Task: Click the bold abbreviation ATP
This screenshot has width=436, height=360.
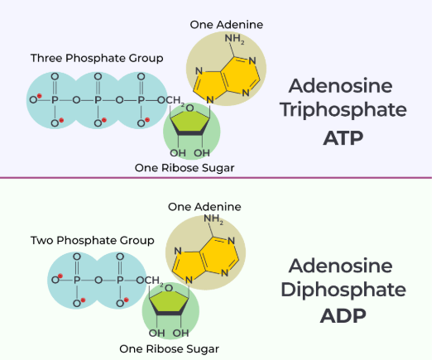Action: (343, 138)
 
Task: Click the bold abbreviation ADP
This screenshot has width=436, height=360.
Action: (343, 316)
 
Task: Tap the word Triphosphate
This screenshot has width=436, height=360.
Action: (343, 110)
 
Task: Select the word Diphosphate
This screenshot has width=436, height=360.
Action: (343, 290)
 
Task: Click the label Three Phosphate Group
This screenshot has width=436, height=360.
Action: (97, 58)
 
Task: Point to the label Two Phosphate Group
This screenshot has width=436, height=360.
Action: (93, 240)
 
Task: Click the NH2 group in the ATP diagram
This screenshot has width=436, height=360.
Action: (235, 39)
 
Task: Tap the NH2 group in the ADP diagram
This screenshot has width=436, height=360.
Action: (213, 219)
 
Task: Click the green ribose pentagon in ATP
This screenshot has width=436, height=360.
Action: (190, 122)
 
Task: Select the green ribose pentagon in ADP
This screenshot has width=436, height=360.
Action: (169, 303)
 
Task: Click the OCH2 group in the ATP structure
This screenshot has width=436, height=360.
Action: (171, 101)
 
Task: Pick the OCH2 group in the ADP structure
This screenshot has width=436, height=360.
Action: (150, 281)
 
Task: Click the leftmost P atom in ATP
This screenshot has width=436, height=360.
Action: (55, 100)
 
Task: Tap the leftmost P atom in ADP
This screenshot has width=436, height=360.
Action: (77, 280)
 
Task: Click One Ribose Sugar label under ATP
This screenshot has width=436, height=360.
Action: (184, 168)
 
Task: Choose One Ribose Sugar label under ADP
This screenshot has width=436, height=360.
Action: (169, 349)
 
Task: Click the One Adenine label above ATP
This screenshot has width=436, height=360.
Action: (227, 25)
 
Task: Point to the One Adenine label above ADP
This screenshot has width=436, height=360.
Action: (204, 207)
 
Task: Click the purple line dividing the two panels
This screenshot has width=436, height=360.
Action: (216, 177)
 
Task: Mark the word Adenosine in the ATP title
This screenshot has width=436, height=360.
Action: (341, 86)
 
